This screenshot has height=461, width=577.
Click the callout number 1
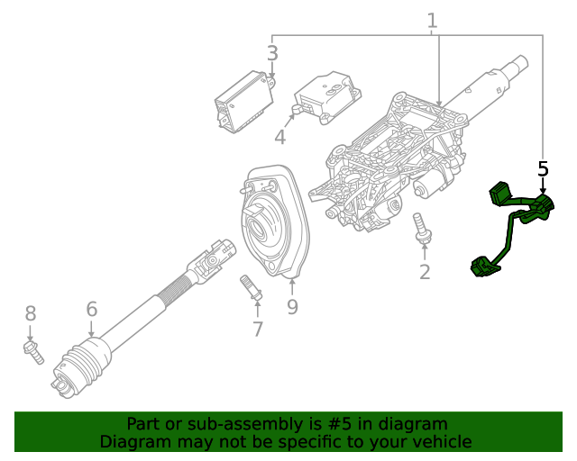[x=432, y=20]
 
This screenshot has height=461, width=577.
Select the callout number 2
[x=424, y=270]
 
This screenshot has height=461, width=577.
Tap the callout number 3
[x=272, y=53]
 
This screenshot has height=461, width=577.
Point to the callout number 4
[x=279, y=137]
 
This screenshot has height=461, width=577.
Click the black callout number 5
[x=543, y=168]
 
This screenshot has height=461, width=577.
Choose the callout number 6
[x=91, y=310]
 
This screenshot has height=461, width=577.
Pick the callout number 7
[x=258, y=330]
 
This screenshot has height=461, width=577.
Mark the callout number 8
[x=30, y=313]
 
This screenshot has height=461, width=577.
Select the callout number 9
[x=292, y=307]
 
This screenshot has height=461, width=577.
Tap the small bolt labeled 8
[x=32, y=351]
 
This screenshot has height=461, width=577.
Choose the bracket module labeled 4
[x=325, y=93]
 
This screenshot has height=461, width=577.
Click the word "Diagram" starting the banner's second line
[x=133, y=442]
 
